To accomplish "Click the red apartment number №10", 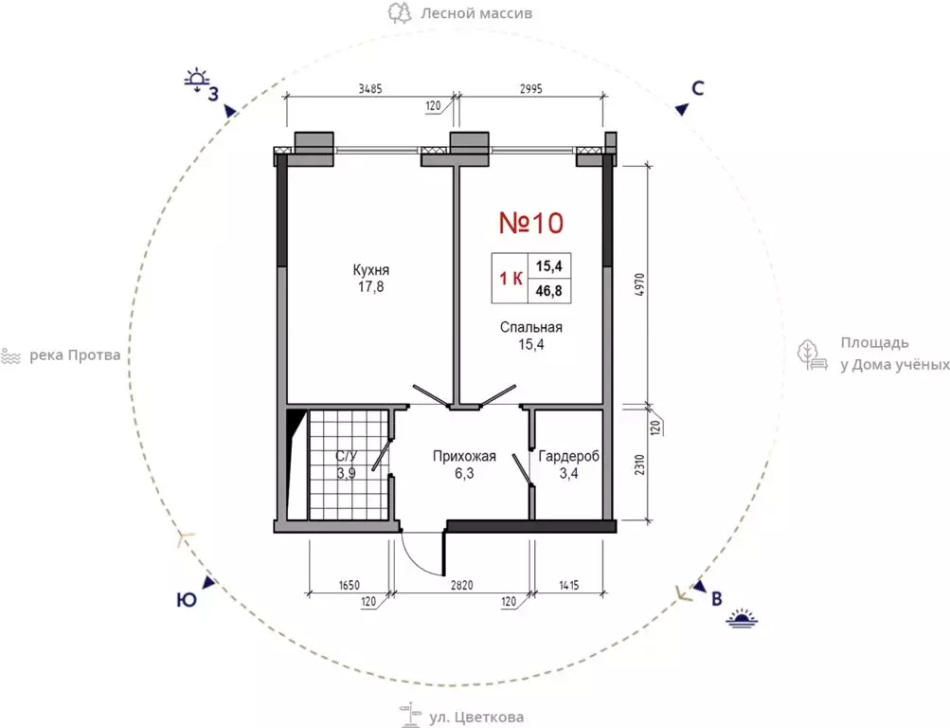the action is (531, 223).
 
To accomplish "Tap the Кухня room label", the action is (370, 270).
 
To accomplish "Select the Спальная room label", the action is (530, 327).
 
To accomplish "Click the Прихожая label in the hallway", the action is (464, 456).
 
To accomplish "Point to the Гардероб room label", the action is (568, 456).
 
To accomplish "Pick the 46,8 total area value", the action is (549, 291).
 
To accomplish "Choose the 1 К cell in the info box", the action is (511, 279).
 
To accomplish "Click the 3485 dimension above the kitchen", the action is (370, 88).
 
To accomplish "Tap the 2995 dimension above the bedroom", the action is (530, 88).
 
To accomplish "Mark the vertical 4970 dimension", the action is (641, 284).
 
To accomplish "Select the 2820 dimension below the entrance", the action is (461, 586).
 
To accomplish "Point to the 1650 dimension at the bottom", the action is (349, 586).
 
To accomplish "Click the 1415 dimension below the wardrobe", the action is (568, 586).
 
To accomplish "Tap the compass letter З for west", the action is (214, 95).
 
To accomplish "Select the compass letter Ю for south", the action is (187, 600).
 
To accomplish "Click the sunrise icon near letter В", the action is (743, 618).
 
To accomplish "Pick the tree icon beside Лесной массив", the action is (400, 12).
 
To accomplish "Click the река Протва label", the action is (75, 355).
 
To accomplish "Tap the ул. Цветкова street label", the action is (476, 718).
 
